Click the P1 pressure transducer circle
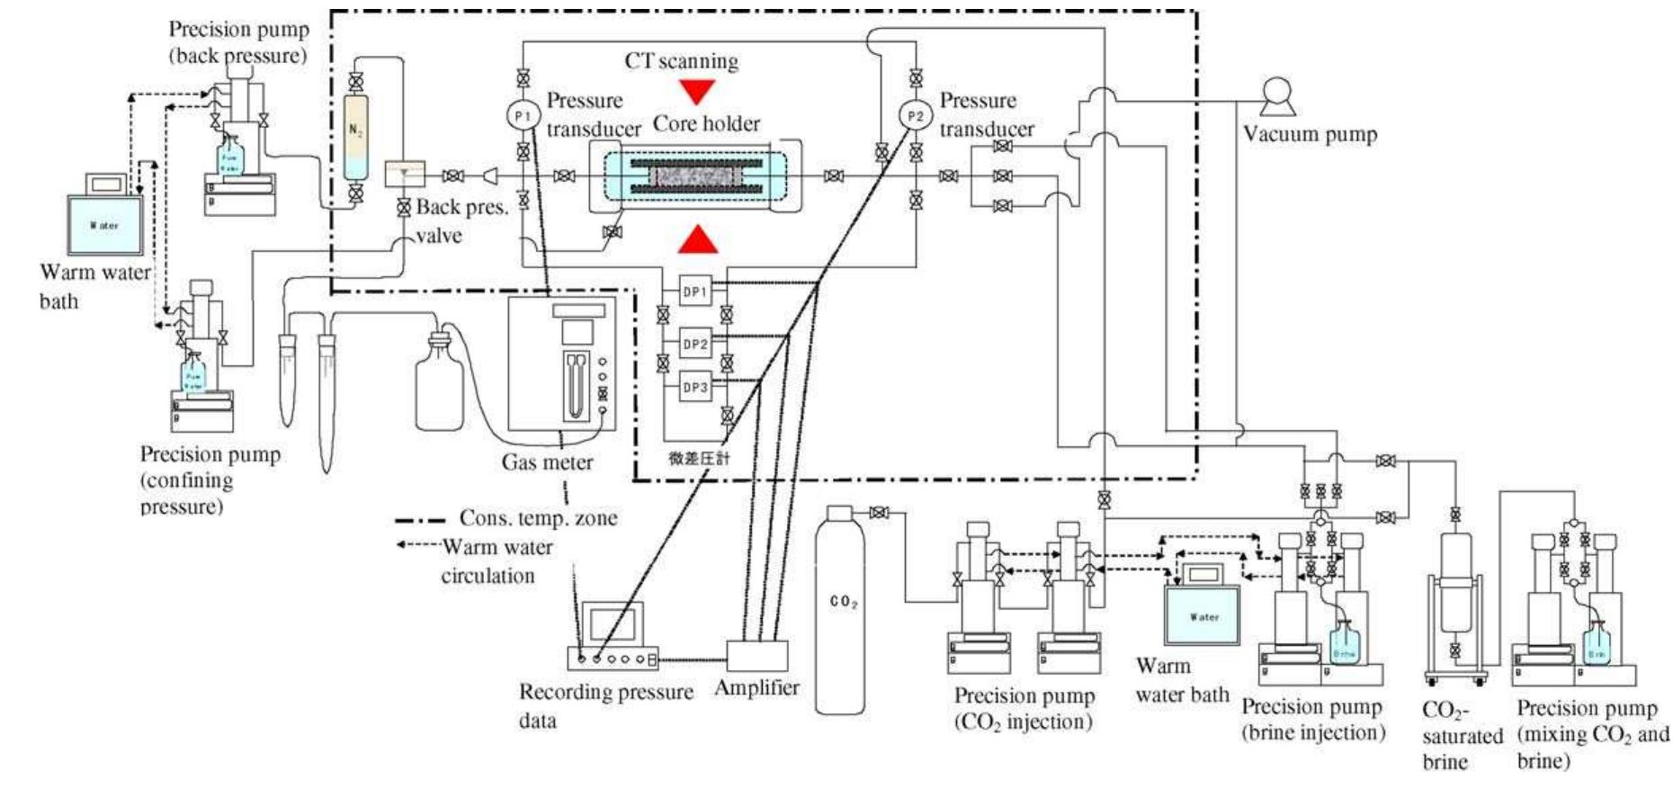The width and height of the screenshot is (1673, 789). [x=523, y=116]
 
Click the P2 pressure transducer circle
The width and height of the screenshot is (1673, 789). [x=915, y=116]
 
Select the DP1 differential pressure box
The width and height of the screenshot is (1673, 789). [x=694, y=291]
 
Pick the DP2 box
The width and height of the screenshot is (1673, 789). [x=694, y=344]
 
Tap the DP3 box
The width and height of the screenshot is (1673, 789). [x=694, y=388]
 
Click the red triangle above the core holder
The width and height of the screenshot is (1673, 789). [x=697, y=91]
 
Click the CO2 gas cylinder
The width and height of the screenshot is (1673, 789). [x=843, y=612]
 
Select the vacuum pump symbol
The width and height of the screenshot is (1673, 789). [x=1277, y=96]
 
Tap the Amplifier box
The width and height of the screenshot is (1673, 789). [x=756, y=655]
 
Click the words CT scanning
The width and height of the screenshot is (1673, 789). [x=681, y=61]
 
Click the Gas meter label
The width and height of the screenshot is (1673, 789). [x=547, y=462]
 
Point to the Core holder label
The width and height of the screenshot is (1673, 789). [x=706, y=123]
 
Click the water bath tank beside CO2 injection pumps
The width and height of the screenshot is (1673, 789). [x=1203, y=616]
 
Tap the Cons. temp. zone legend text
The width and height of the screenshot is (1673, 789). [x=538, y=518]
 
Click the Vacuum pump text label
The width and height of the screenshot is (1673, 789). [x=1310, y=135]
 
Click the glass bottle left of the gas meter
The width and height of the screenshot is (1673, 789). [x=439, y=387]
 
